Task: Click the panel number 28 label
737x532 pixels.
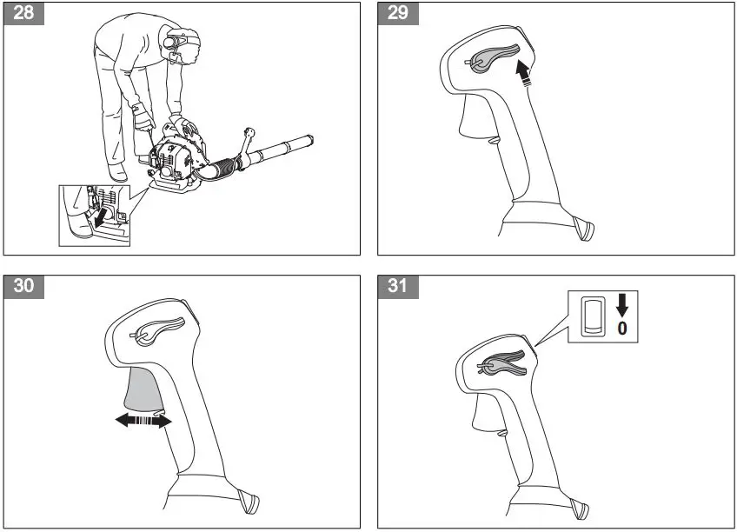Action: tap(26, 16)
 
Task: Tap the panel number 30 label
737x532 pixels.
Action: tap(26, 288)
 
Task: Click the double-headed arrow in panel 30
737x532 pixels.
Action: tap(143, 421)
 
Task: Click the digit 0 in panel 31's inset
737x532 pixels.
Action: tap(621, 328)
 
